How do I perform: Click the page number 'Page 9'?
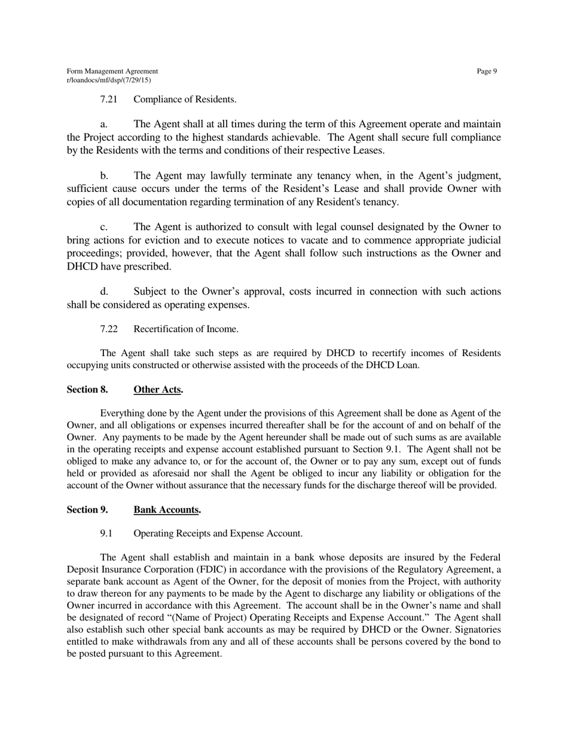[x=487, y=72]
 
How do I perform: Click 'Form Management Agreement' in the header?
[x=112, y=72]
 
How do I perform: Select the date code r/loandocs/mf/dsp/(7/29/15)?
[x=108, y=79]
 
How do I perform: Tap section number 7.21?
[x=108, y=99]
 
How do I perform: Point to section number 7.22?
[x=108, y=329]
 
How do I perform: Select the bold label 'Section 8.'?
[x=87, y=390]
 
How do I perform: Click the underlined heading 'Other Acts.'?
[x=158, y=390]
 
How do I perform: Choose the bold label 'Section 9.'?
[x=87, y=510]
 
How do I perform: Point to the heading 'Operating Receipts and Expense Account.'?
[x=218, y=534]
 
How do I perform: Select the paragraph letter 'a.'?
[x=103, y=125]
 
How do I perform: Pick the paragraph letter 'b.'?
[x=104, y=176]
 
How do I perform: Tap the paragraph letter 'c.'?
[x=103, y=228]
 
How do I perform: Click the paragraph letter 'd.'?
[x=104, y=292]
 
